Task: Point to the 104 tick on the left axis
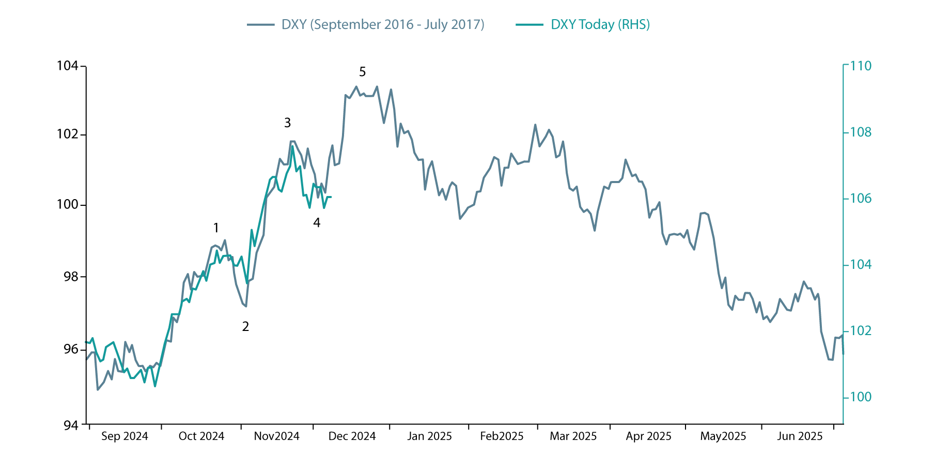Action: point(67,66)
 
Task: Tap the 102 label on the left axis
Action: point(67,134)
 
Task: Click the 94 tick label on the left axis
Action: point(71,425)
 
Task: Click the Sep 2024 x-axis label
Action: point(124,436)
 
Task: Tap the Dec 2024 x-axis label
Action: point(352,436)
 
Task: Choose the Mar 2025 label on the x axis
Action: point(573,436)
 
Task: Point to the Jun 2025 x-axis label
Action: point(800,436)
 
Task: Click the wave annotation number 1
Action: point(216,228)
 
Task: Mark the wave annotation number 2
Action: point(245,326)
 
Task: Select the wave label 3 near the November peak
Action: point(288,123)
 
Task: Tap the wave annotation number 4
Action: point(317,222)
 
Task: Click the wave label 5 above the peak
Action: point(362,72)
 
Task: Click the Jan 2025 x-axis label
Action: point(429,436)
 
